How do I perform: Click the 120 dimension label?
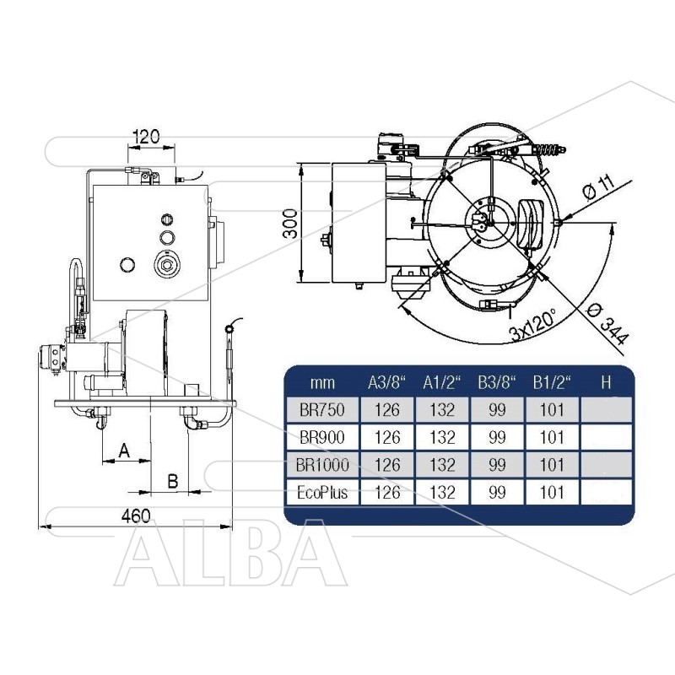point(146,137)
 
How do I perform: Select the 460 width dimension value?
point(136,516)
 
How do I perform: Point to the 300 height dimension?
point(290,224)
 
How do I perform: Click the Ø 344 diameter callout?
point(608,324)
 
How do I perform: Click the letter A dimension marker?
point(124,451)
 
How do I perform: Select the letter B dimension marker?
point(173,481)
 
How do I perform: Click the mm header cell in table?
point(322,382)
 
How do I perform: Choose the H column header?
point(606,382)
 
